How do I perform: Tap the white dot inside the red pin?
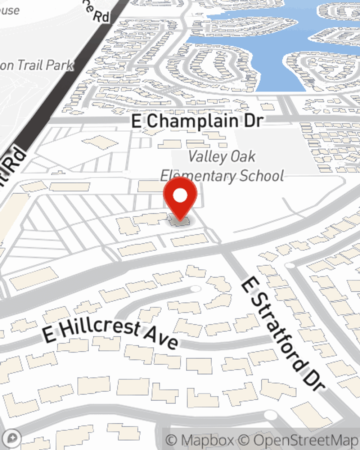point(180,195)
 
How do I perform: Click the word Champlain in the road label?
point(193,121)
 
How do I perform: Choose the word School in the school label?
point(262,176)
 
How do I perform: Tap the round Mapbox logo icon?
point(12,438)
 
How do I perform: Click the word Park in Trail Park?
point(60,66)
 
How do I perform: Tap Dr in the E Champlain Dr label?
point(253,121)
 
